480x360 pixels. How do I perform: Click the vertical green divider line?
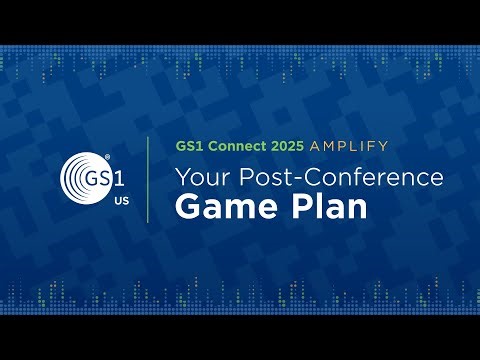[149, 180]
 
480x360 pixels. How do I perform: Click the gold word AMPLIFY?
[347, 146]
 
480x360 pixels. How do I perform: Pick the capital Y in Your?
[182, 178]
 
